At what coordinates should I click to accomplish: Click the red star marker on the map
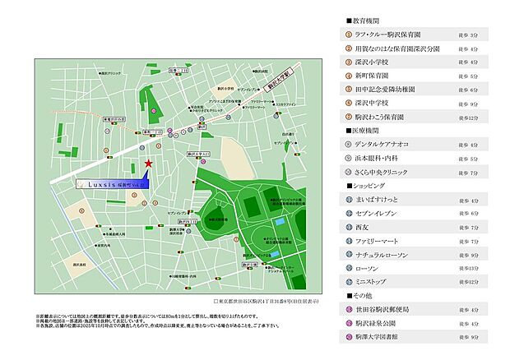click(148, 164)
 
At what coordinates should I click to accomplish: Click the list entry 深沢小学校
click(374, 62)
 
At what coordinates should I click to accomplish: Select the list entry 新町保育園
click(374, 75)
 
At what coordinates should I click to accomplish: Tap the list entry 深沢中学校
click(374, 103)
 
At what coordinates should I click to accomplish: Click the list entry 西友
click(363, 227)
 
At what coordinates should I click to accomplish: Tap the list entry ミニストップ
click(379, 282)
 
